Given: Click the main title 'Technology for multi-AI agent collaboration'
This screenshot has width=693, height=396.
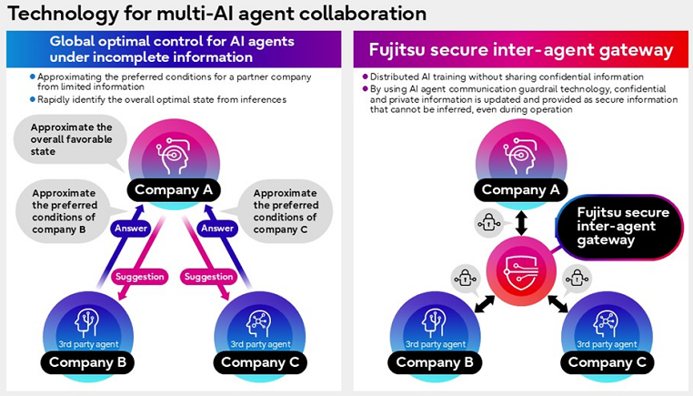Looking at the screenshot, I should tap(216, 14).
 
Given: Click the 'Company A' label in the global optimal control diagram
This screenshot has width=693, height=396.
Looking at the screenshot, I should tap(173, 190).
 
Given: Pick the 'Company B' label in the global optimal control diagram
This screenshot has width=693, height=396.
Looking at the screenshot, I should tap(91, 362).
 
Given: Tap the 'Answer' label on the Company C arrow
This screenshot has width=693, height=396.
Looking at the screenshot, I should tap(217, 229).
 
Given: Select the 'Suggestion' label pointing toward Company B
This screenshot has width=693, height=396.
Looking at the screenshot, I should tap(138, 275).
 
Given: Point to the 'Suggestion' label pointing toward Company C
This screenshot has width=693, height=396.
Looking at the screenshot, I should tap(210, 275).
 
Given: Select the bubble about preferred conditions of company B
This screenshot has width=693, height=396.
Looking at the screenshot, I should tap(65, 211).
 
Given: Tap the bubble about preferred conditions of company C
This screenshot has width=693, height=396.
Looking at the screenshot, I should tap(287, 211).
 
